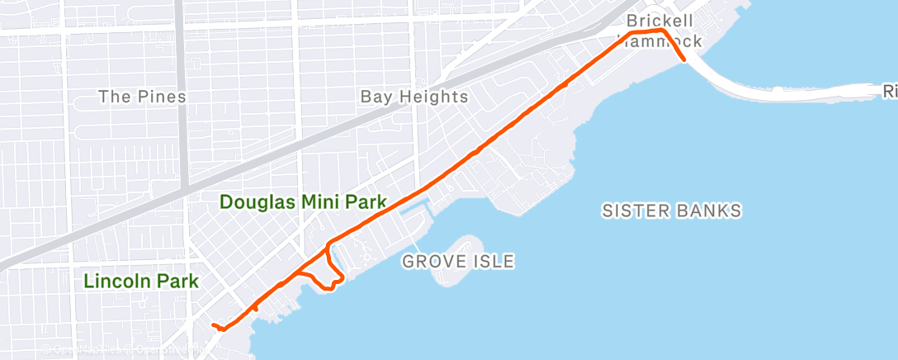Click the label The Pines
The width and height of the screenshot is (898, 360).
pos(142,97)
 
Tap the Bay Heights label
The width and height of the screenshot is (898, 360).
pos(414,97)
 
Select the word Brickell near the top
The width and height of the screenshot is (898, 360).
pos(660,20)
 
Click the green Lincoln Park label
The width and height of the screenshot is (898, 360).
pos(141,281)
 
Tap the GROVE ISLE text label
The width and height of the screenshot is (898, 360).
pos(458,262)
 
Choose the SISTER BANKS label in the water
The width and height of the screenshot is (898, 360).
pos(671,211)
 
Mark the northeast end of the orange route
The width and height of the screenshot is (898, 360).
pos(684,59)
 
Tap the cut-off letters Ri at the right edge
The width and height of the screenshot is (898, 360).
pos(889,90)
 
